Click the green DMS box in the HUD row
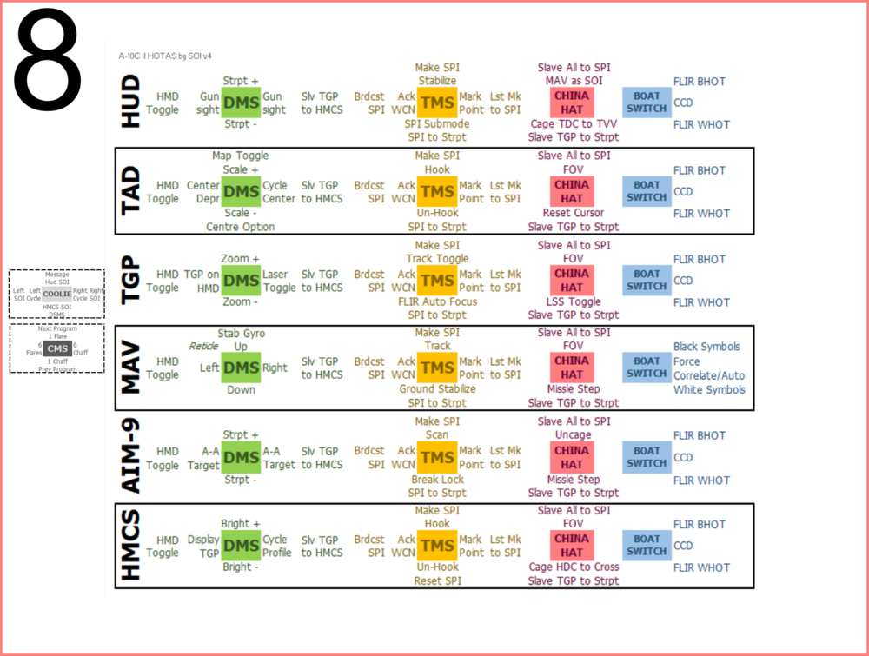tap(242, 103)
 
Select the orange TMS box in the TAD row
tap(436, 191)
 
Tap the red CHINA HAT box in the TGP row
tap(572, 280)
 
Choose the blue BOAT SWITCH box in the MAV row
tap(647, 368)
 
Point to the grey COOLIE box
tap(56, 293)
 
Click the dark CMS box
tap(56, 348)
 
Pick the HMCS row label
tap(129, 545)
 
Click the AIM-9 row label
tap(129, 456)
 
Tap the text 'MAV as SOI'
tap(573, 81)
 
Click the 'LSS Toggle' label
tap(573, 301)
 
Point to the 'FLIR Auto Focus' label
tap(437, 301)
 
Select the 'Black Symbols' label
tap(706, 347)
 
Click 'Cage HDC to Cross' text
tap(574, 567)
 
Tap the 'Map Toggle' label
tap(241, 156)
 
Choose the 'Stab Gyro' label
tap(241, 333)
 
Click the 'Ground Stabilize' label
tap(437, 388)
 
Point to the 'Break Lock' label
tap(437, 479)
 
